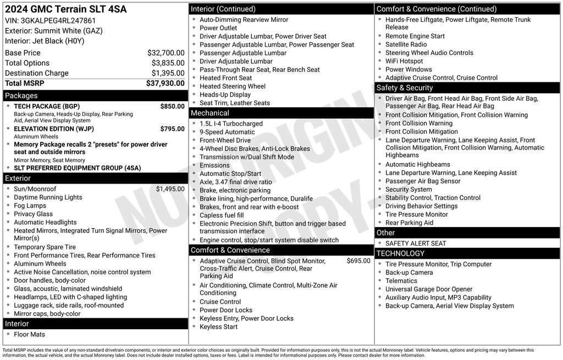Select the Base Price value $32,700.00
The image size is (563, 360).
tap(165, 53)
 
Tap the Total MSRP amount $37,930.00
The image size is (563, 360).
tap(165, 84)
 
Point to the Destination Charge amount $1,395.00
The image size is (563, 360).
tap(168, 73)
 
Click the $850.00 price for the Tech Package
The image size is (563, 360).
tap(172, 106)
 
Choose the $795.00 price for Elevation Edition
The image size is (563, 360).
tap(172, 129)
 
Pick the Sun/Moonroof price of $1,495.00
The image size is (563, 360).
tap(170, 189)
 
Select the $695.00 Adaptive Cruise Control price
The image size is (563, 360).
tap(358, 261)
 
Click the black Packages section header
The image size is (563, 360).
tap(95, 96)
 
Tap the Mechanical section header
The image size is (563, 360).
tap(281, 113)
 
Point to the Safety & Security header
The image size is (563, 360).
tap(467, 88)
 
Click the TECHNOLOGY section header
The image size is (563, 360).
tap(467, 253)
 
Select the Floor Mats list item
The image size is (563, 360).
tap(29, 335)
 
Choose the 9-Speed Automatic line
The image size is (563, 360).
tap(227, 132)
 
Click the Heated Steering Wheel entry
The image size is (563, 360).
tap(233, 86)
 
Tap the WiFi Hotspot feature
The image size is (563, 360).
tap(404, 61)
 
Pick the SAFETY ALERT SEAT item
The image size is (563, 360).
tap(416, 243)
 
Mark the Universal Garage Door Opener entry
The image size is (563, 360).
tap(429, 289)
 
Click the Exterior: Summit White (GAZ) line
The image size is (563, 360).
tap(53, 31)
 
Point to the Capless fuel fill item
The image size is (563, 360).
tap(222, 215)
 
